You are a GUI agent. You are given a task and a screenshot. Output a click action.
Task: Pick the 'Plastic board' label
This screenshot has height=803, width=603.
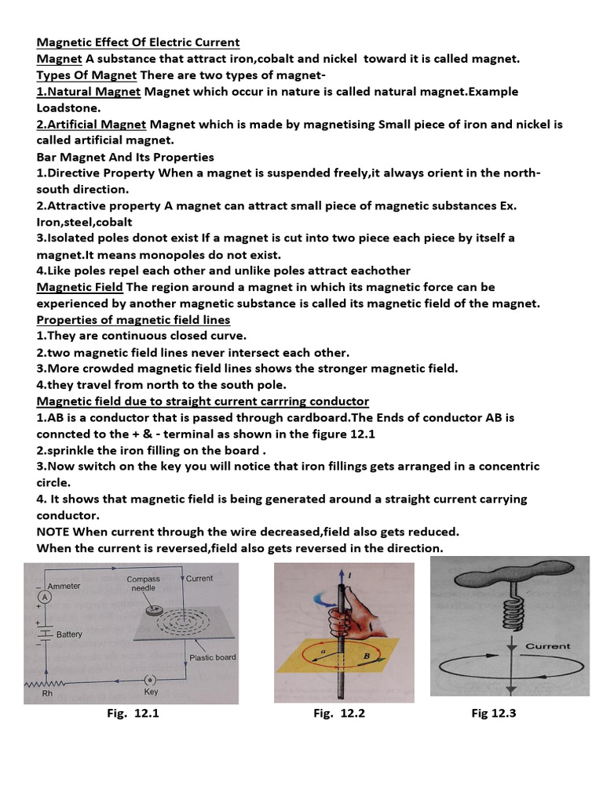click(212, 657)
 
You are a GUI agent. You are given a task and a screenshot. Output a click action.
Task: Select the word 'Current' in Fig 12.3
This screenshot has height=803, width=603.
click(547, 646)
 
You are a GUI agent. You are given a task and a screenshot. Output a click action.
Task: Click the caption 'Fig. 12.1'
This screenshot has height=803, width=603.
click(133, 714)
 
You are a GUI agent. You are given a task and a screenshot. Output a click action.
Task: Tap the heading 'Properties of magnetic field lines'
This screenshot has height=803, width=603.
click(133, 320)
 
